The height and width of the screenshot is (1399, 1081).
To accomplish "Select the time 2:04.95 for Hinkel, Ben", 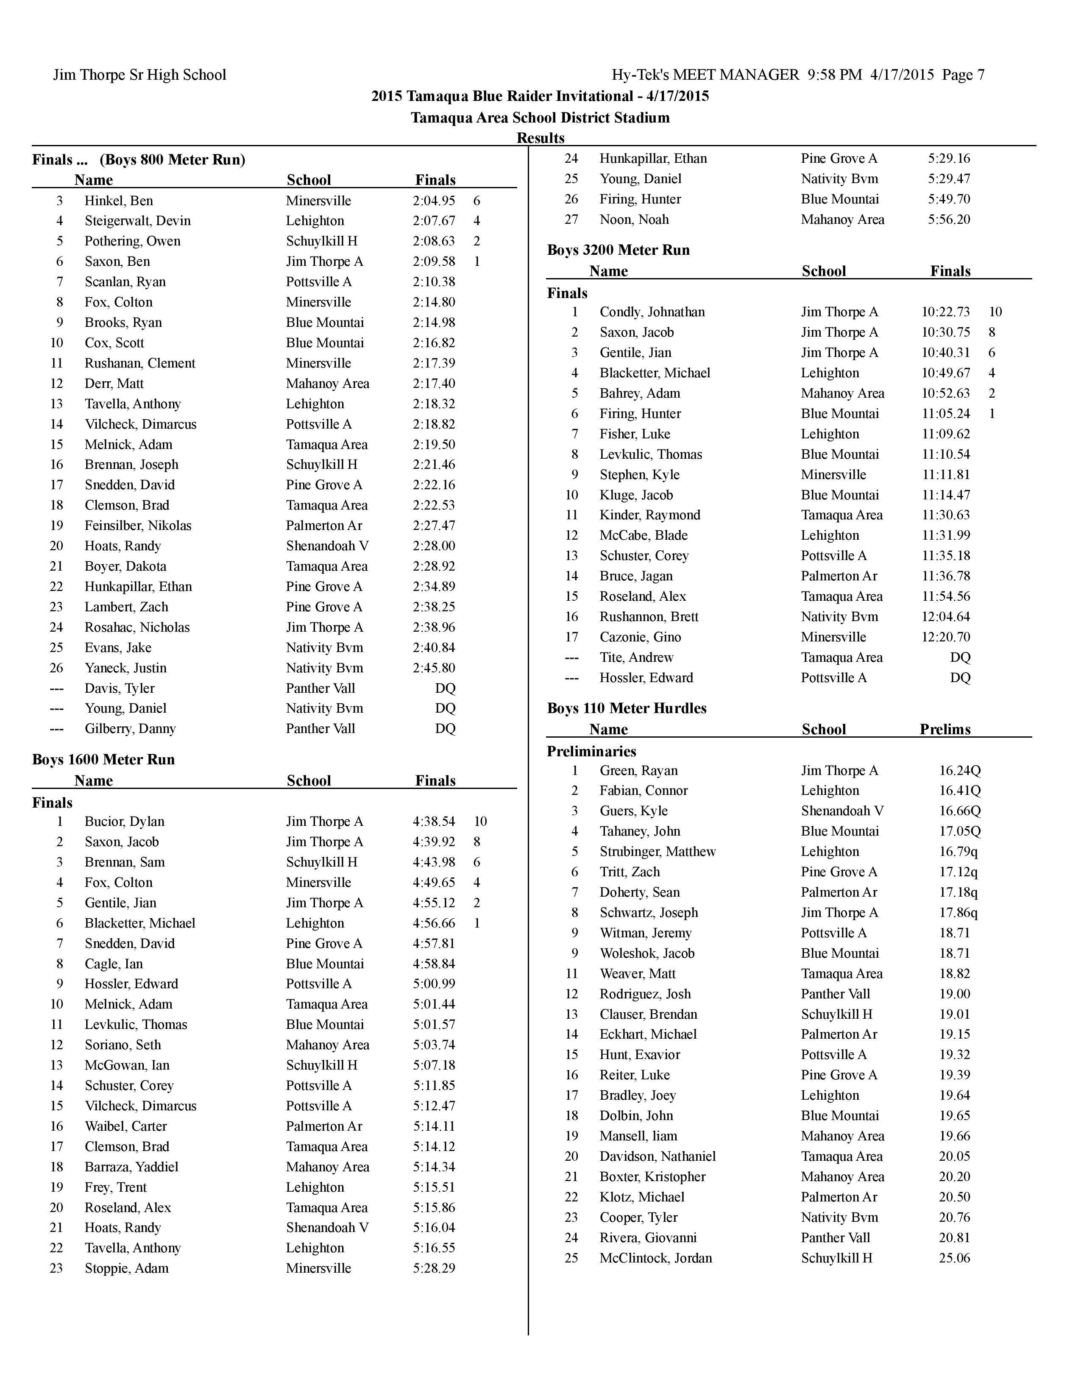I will coord(434,201).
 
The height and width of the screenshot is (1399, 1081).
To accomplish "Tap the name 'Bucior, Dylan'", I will coord(124,821).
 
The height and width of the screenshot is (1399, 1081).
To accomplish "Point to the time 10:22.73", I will coord(945,312).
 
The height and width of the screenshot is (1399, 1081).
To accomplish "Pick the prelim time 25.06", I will coord(954,1257).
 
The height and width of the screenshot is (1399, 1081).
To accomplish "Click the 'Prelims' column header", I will coord(944,729).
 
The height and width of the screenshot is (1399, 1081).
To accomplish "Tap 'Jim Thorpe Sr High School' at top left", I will coord(139,75).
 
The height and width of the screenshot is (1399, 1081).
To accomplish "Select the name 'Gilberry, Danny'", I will coord(130,728).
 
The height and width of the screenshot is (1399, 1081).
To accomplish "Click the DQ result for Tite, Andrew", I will coord(960,657).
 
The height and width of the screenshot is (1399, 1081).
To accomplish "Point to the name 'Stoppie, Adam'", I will coord(126,1268).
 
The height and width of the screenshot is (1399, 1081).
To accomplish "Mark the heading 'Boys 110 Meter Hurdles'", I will coord(626,708).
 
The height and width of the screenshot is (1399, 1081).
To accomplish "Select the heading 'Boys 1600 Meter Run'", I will coord(103,759).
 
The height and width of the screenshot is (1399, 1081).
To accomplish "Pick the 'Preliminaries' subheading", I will coord(591,751).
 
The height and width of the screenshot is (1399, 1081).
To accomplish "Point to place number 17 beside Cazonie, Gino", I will coord(571,637).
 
